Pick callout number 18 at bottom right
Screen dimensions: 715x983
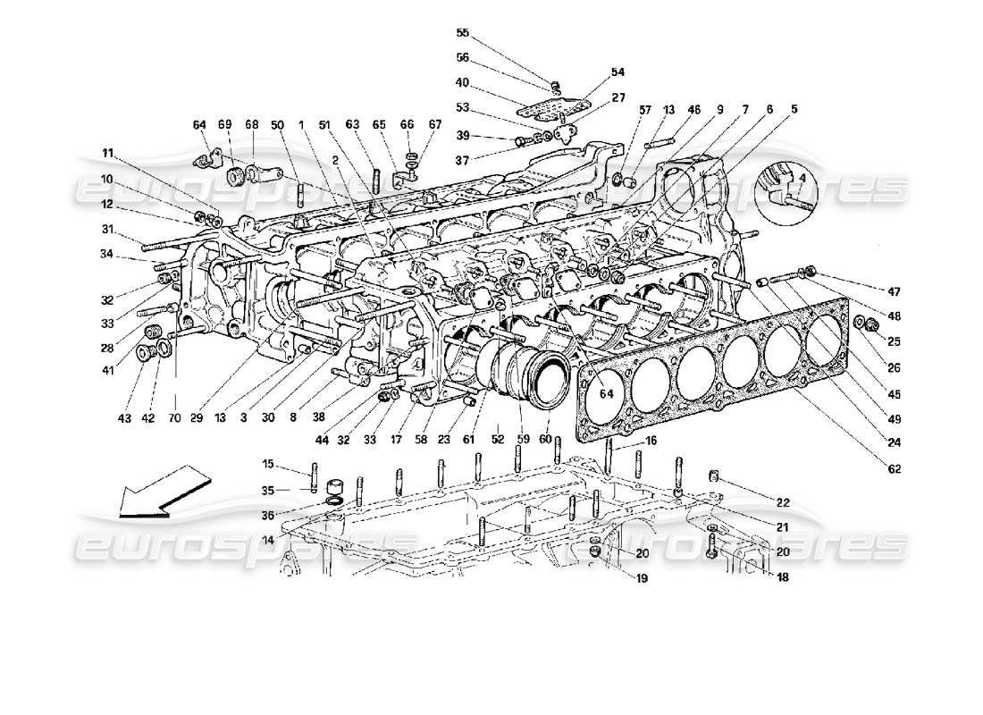click(x=758, y=578)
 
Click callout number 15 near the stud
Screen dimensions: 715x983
click(x=267, y=463)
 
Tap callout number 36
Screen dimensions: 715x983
click(x=267, y=515)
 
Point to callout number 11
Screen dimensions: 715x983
click(x=107, y=153)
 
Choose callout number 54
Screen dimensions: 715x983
click(x=618, y=72)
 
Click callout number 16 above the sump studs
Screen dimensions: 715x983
click(x=651, y=442)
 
